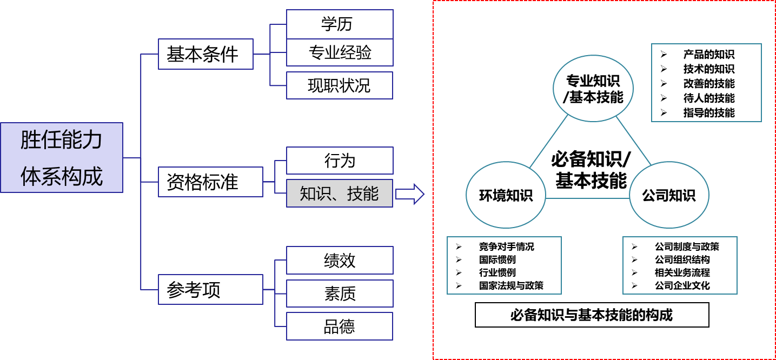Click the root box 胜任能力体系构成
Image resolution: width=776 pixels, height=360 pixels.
coord(62,158)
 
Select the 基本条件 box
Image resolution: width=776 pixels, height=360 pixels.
coord(205,54)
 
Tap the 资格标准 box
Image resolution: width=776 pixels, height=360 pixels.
coord(210,182)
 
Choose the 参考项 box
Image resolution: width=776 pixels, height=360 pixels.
coord(210,290)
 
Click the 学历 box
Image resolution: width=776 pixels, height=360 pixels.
coord(340,24)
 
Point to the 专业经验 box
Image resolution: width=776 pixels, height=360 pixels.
coord(340,52)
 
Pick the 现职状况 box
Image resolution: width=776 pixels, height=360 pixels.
coord(340,85)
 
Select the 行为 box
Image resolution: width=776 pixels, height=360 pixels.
coord(340,161)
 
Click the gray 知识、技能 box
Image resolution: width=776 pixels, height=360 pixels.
coord(340,194)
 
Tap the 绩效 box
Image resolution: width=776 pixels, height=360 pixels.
coord(340,261)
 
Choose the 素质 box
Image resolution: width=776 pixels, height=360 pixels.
coord(340,294)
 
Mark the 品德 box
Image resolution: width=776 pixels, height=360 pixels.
coord(340,326)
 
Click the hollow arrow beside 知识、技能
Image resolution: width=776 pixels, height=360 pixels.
coord(410,194)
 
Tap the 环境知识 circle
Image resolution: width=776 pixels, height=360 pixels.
coord(506,195)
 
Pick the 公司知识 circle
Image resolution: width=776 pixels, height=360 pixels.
coord(669,195)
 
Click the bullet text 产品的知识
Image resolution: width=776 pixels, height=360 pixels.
coord(709,55)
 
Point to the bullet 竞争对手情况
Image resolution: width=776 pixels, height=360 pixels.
coord(507,246)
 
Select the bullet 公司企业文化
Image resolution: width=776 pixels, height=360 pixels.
coord(682,285)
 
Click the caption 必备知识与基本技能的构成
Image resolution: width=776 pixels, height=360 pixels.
coord(592,315)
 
